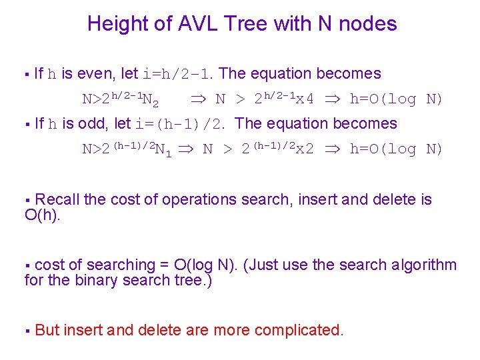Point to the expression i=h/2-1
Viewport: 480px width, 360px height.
(x=179, y=74)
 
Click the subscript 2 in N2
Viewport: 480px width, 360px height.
(x=155, y=104)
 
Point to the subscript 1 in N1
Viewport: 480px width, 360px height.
(x=168, y=154)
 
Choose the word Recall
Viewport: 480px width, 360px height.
(x=58, y=199)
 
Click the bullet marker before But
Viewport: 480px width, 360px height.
(x=27, y=331)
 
